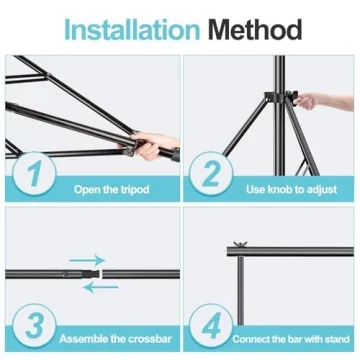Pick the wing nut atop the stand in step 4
click(x=240, y=246)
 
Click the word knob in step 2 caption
click(x=284, y=188)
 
